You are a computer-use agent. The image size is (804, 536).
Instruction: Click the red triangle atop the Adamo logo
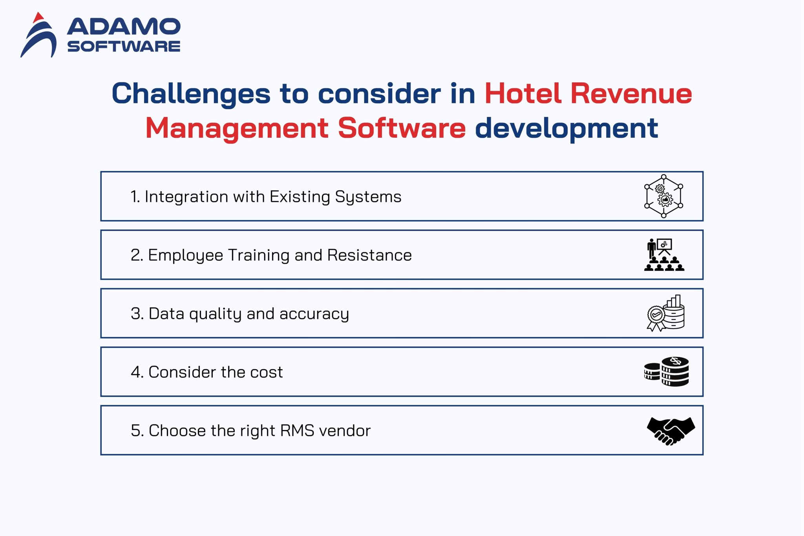pos(38,18)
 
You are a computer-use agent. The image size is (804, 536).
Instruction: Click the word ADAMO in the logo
pos(124,27)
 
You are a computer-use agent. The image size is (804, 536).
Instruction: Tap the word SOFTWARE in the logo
pos(124,46)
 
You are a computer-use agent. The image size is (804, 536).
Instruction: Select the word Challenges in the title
pos(191,94)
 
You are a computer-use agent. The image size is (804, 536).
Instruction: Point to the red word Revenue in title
pos(631,94)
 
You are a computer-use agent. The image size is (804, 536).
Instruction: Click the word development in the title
pos(566,128)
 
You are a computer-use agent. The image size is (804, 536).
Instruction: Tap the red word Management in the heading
pos(237,128)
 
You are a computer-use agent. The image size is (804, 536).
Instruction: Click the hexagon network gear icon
pos(663,196)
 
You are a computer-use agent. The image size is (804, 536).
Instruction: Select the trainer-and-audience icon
pos(664,255)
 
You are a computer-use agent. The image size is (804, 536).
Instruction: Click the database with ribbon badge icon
pos(666,313)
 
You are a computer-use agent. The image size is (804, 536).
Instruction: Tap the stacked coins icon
pos(666,371)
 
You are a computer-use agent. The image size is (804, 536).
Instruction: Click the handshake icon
pos(671,431)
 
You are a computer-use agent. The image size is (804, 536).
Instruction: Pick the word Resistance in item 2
pos(369,255)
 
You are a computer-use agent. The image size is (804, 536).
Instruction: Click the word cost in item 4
pos(267,372)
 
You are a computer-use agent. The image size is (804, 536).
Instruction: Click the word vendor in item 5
pos(345,431)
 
